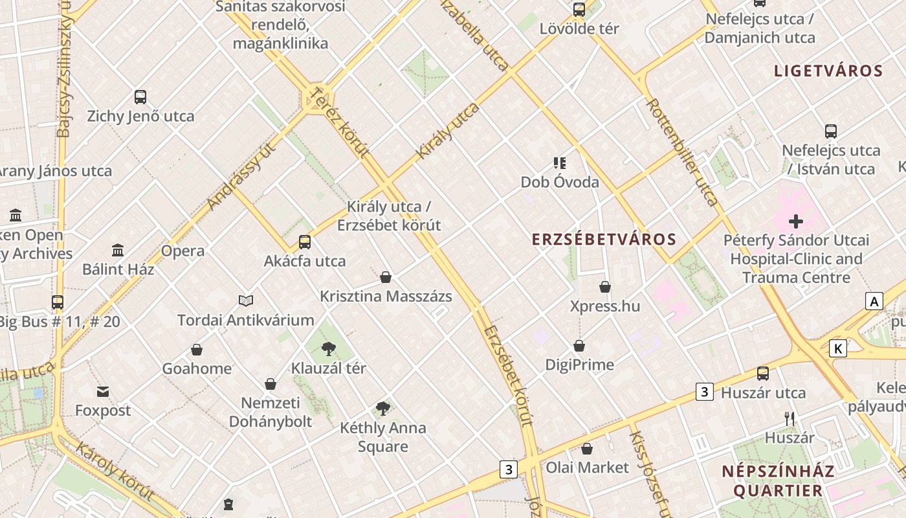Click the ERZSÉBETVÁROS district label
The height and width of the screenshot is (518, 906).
click(x=604, y=240)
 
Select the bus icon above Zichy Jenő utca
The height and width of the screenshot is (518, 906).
click(x=140, y=97)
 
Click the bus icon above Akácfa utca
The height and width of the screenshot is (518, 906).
click(x=305, y=242)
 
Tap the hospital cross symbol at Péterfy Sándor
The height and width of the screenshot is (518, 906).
click(x=796, y=221)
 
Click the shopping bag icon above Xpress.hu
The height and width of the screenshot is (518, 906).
click(x=605, y=287)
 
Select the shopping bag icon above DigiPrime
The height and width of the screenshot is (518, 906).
click(x=579, y=346)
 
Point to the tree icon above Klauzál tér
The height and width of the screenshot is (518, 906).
click(x=329, y=349)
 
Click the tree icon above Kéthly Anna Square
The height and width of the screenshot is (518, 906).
click(x=383, y=409)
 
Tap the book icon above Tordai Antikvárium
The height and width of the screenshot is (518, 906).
click(x=246, y=300)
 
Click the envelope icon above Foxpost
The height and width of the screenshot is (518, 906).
click(x=103, y=391)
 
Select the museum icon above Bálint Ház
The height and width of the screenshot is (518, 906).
click(x=118, y=250)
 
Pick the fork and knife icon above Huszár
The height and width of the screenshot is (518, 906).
click(x=790, y=419)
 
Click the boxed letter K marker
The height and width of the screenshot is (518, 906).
click(x=838, y=349)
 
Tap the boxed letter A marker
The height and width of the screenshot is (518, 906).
click(x=874, y=301)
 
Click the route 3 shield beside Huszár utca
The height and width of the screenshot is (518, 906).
click(x=705, y=392)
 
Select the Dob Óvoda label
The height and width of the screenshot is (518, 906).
click(x=560, y=182)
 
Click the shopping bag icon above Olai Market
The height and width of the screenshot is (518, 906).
click(x=587, y=449)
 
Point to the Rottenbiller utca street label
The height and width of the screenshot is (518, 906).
click(x=683, y=153)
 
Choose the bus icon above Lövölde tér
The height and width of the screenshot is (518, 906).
click(x=579, y=10)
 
